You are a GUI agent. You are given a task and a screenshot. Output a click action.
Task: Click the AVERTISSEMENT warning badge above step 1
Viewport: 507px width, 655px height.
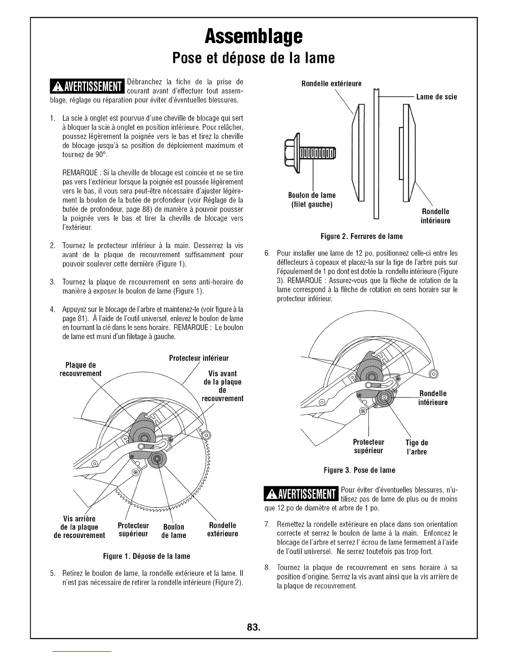pos(87,86)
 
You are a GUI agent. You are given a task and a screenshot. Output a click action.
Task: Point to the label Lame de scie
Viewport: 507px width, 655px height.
pos(437,97)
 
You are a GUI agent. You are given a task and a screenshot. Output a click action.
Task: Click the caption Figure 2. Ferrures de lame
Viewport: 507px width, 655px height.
pos(362,237)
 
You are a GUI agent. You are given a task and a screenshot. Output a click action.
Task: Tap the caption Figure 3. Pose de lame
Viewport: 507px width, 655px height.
pos(359,470)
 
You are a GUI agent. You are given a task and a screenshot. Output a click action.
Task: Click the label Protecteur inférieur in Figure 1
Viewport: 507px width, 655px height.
pos(199,358)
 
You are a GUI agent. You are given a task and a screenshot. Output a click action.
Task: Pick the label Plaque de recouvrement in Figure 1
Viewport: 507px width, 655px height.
pos(81,369)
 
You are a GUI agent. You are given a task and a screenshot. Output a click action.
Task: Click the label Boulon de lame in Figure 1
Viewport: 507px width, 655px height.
pos(174,531)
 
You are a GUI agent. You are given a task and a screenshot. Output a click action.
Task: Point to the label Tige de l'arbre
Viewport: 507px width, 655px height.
pos(416,447)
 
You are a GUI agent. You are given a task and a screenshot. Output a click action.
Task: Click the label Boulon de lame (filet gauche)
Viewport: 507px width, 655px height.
pos(312,200)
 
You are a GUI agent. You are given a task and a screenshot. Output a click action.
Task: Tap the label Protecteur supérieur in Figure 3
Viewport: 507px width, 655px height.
pos(368,446)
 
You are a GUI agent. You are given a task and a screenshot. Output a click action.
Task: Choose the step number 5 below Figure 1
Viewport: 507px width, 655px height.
pos(52,574)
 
